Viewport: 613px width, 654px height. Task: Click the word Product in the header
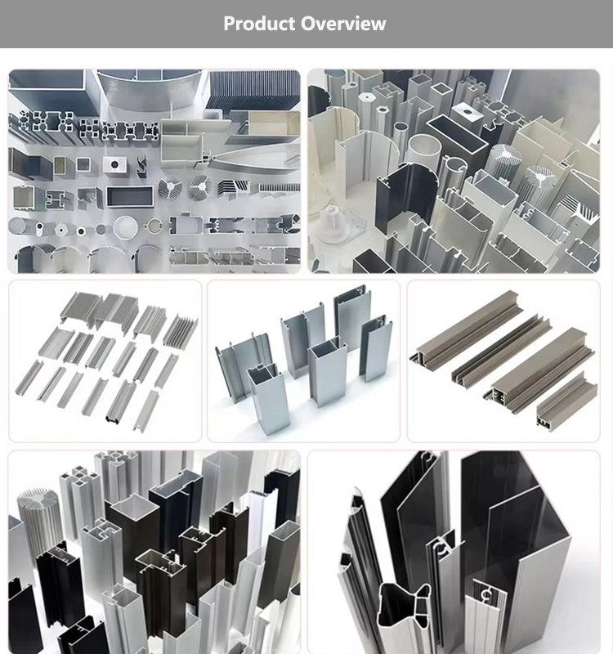[259, 24]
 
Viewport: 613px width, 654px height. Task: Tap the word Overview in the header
[342, 24]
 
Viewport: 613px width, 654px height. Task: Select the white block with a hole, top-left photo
[114, 164]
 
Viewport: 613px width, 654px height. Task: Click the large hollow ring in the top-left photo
[126, 226]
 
